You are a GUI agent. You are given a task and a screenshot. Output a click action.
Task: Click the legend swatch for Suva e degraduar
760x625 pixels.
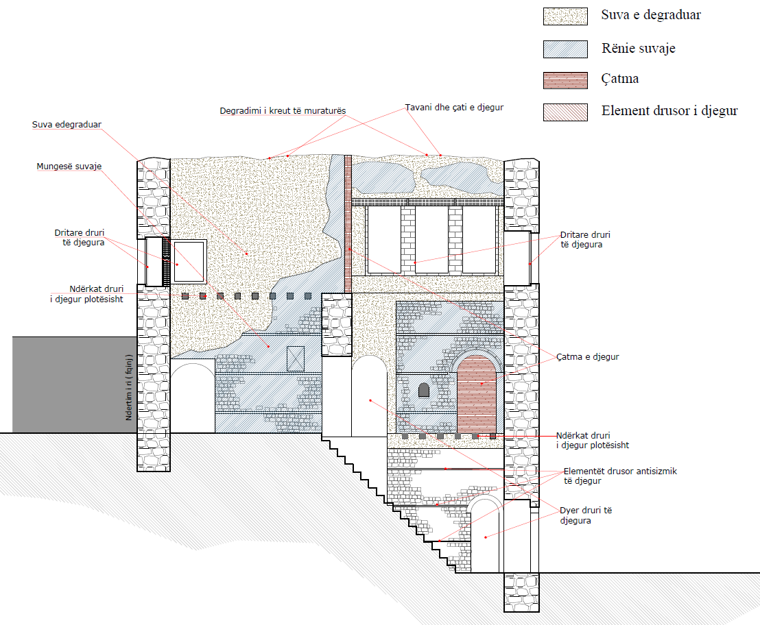coord(565,16)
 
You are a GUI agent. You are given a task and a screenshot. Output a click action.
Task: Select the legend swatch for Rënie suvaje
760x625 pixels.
coord(565,49)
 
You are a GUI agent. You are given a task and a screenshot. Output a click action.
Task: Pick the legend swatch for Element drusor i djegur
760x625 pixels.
coord(565,112)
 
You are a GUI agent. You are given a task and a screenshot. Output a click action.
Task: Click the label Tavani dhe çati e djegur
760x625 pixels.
coord(454,108)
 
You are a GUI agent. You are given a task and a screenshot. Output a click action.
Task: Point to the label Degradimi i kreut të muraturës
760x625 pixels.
coord(283,110)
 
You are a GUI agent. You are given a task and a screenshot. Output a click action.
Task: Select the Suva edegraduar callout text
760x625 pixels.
coord(67,125)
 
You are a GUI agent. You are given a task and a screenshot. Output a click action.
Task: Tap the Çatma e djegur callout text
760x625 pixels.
coord(588,357)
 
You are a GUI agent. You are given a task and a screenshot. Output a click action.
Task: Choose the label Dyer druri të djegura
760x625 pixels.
coord(585,515)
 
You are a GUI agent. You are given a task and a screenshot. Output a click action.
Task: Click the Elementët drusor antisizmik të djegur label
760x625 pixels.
coord(619,476)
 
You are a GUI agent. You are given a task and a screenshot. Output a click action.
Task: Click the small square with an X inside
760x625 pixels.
coord(296,358)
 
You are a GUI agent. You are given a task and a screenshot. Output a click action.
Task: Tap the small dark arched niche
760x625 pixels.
coord(424,391)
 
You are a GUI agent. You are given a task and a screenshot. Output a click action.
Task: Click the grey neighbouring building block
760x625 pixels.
coord(69,384)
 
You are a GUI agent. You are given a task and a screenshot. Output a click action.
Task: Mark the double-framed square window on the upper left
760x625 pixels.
coord(189,261)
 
